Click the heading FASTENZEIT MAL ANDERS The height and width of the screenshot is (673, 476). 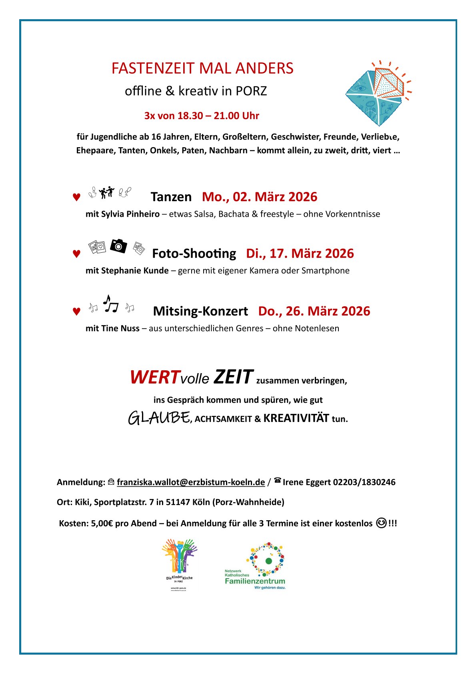[x=202, y=68]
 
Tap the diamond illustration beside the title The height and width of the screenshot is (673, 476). [x=378, y=93]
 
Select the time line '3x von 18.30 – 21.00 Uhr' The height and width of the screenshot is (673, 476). [x=202, y=116]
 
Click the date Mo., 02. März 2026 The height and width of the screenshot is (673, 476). [x=260, y=197]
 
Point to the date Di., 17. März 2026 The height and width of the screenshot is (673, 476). [x=300, y=254]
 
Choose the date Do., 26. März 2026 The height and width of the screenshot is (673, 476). [x=314, y=311]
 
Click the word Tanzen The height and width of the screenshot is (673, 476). [x=171, y=197]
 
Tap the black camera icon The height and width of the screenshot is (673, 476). [x=118, y=246]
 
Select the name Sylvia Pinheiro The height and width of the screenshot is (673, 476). [x=130, y=214]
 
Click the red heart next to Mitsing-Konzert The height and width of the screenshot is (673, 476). [x=76, y=312]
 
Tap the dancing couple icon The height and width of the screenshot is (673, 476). [x=107, y=193]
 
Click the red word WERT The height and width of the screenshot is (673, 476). [x=154, y=377]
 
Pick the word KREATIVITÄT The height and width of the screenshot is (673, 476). [x=296, y=418]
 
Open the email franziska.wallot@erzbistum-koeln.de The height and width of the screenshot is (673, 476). [x=191, y=482]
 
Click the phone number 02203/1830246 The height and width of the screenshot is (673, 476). [x=364, y=482]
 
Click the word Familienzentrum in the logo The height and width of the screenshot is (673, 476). [x=255, y=581]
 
